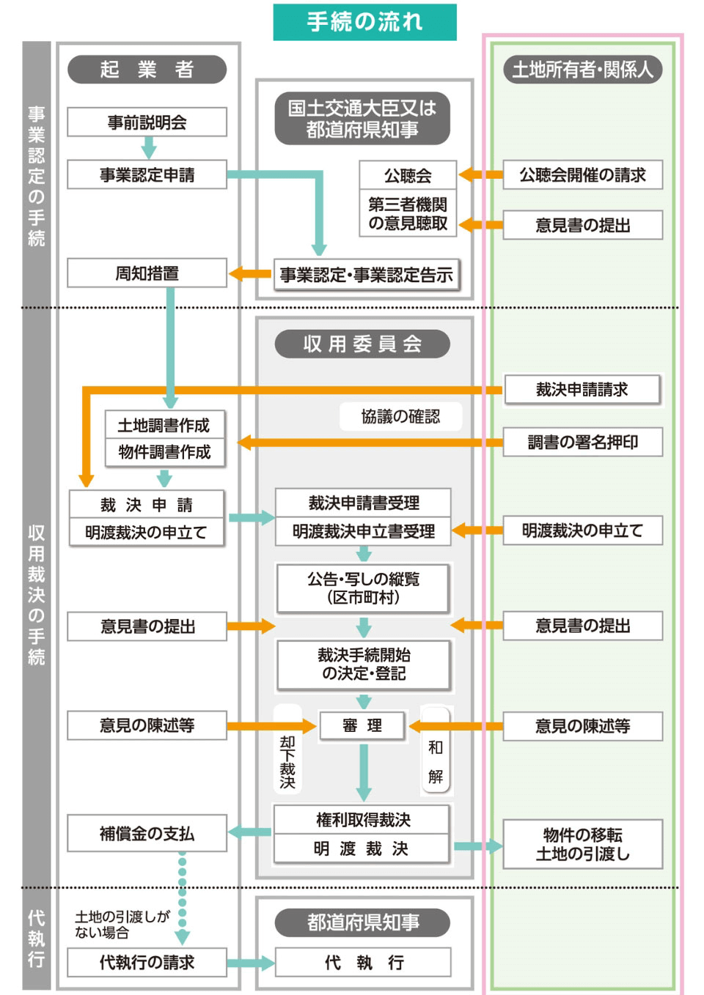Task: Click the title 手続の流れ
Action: [x=364, y=22]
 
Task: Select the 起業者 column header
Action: [x=147, y=70]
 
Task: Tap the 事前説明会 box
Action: [x=147, y=122]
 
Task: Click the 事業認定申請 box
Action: [x=147, y=175]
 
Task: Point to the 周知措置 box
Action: [x=147, y=273]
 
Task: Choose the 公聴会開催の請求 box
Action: [x=582, y=175]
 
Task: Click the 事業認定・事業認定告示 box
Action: [x=366, y=275]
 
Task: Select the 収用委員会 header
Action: [x=362, y=344]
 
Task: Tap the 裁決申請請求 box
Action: [x=582, y=390]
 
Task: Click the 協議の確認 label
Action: [x=400, y=416]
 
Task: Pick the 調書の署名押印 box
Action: [x=582, y=443]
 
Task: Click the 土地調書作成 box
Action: [x=164, y=425]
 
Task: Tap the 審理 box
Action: [x=362, y=725]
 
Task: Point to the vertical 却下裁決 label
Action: [x=287, y=762]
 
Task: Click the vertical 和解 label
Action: [x=436, y=762]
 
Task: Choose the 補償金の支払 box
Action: [x=147, y=834]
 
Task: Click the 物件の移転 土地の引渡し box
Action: [x=582, y=844]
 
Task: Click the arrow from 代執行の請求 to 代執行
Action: [x=250, y=963]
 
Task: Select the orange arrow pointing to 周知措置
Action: [x=250, y=274]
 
